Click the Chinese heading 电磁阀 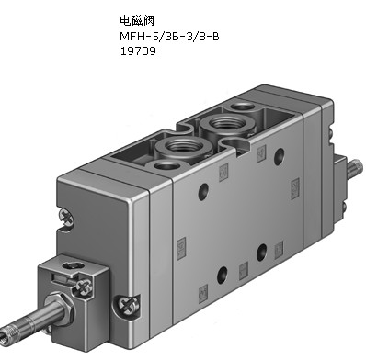point(137,20)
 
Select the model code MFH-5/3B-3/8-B point(169,37)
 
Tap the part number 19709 point(138,51)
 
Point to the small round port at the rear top point(242,107)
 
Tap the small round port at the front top point(167,166)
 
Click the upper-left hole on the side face point(203,191)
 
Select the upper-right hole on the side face point(279,156)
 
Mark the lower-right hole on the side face point(261,252)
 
